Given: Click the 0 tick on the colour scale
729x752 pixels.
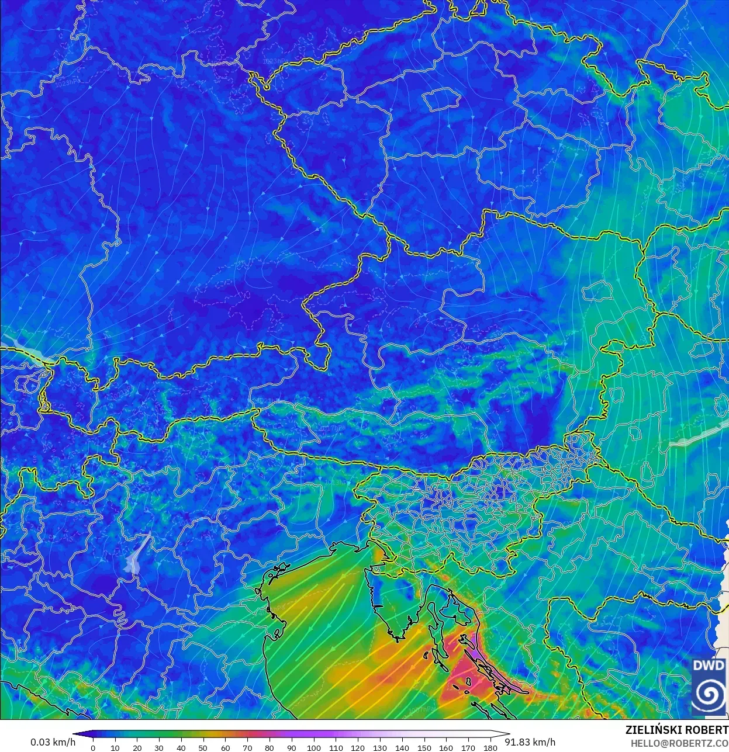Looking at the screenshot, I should pos(93,748).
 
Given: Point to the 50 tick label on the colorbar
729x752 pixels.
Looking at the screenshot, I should pos(203,748).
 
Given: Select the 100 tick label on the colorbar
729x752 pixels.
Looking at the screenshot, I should pos(313,748).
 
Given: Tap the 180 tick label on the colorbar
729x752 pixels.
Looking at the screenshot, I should pos(490,748).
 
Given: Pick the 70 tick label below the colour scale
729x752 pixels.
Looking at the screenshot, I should pos(247,748).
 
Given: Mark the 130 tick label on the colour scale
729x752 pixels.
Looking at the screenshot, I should pos(380,748).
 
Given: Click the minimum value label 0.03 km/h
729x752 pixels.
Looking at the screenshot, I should pos(53,742).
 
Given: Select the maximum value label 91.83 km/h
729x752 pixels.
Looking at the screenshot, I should pos(530,742).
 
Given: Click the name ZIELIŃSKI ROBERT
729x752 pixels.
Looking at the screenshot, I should pos(676,730).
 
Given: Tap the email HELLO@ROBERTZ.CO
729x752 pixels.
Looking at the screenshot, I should pos(679,743).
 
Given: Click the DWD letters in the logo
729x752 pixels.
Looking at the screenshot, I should pos(709,666).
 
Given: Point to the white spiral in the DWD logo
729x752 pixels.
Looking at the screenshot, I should pos(709,694).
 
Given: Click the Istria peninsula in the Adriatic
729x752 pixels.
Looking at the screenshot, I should pos(391,602).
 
